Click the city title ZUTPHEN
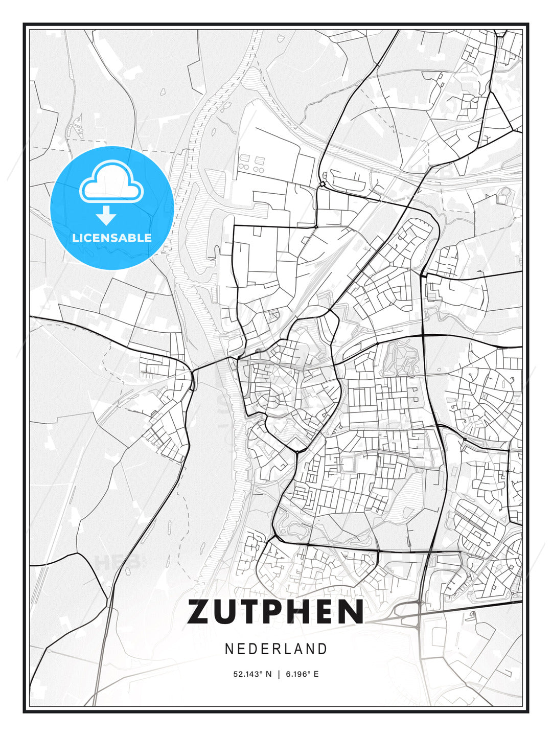(275, 612)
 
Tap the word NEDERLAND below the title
(275, 649)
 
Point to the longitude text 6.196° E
(302, 674)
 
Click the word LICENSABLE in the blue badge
(112, 238)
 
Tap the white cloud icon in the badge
(111, 182)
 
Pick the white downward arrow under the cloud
(106, 215)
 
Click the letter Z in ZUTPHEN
(200, 612)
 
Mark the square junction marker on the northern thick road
(323, 184)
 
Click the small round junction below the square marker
(316, 226)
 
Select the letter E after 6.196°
(316, 674)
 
